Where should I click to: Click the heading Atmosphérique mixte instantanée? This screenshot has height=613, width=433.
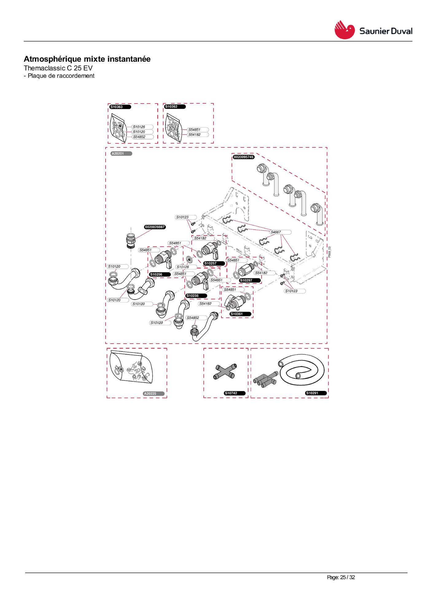pyautogui.click(x=87, y=59)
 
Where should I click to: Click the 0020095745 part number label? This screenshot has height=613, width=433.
pyautogui.click(x=244, y=157)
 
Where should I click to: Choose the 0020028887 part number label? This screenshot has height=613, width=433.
pyautogui.click(x=155, y=227)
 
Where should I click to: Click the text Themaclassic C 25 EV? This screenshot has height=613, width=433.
pyautogui.click(x=58, y=68)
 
